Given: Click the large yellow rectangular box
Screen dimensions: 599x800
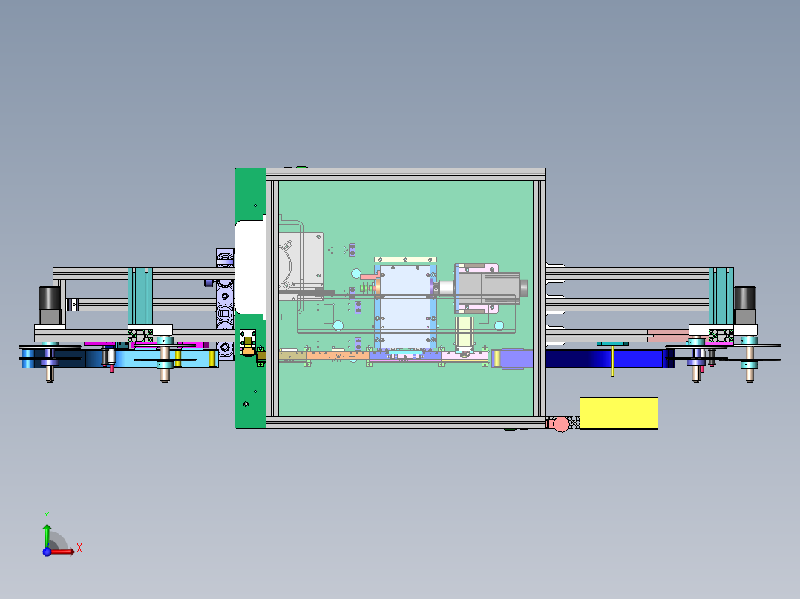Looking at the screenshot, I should click(618, 413).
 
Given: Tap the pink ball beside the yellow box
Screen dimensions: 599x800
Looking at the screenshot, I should click(561, 424).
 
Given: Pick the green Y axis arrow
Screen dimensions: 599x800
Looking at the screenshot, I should click(46, 532).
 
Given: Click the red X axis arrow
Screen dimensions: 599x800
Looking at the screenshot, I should click(64, 551).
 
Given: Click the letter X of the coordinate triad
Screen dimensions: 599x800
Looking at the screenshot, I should click(79, 549).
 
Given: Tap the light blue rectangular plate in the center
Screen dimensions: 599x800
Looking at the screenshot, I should click(404, 304).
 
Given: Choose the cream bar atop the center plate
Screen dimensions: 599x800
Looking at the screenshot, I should click(405, 259).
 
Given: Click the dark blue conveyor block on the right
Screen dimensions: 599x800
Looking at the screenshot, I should click(609, 359).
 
